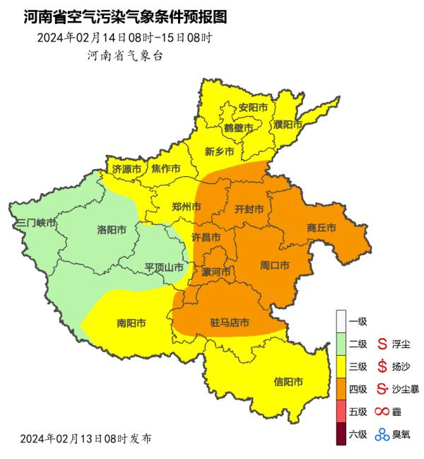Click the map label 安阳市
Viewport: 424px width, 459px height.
click(253, 108)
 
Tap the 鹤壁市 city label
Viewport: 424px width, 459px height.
click(238, 128)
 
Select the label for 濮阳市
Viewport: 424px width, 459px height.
click(288, 124)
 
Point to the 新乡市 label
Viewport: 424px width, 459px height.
click(219, 151)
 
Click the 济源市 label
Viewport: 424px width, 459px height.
click(127, 169)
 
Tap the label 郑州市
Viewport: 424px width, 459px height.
click(187, 207)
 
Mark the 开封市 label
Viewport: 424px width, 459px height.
click(249, 209)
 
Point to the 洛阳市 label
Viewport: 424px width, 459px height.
click(112, 230)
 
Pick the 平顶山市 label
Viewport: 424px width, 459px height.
click(164, 267)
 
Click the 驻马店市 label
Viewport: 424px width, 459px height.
click(230, 323)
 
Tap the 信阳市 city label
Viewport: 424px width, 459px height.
click(288, 382)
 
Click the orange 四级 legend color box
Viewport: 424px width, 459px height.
click(341, 389)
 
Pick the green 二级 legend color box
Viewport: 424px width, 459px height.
click(341, 344)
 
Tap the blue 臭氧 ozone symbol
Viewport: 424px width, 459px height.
click(382, 434)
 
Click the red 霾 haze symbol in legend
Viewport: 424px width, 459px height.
click(382, 412)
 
